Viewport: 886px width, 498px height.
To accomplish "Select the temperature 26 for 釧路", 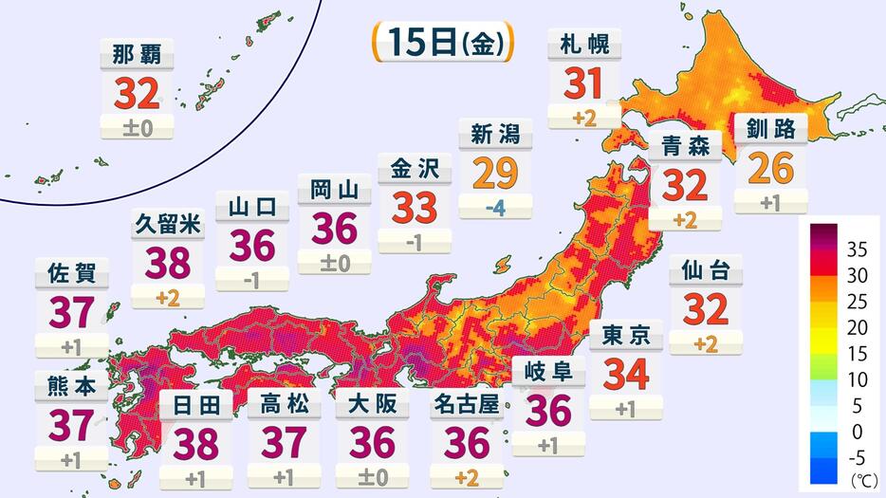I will (x=770, y=168).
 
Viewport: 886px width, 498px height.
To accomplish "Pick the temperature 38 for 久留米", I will (x=168, y=262).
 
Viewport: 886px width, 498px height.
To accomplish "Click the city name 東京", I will (x=625, y=335).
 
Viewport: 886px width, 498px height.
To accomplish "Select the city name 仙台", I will (x=706, y=271).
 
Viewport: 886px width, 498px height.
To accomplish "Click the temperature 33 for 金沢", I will (x=414, y=206).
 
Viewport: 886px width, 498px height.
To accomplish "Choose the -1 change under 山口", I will (x=251, y=278).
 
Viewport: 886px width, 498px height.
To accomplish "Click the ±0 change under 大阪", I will (x=372, y=476).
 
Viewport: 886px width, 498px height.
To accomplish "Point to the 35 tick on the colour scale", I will (x=855, y=250).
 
